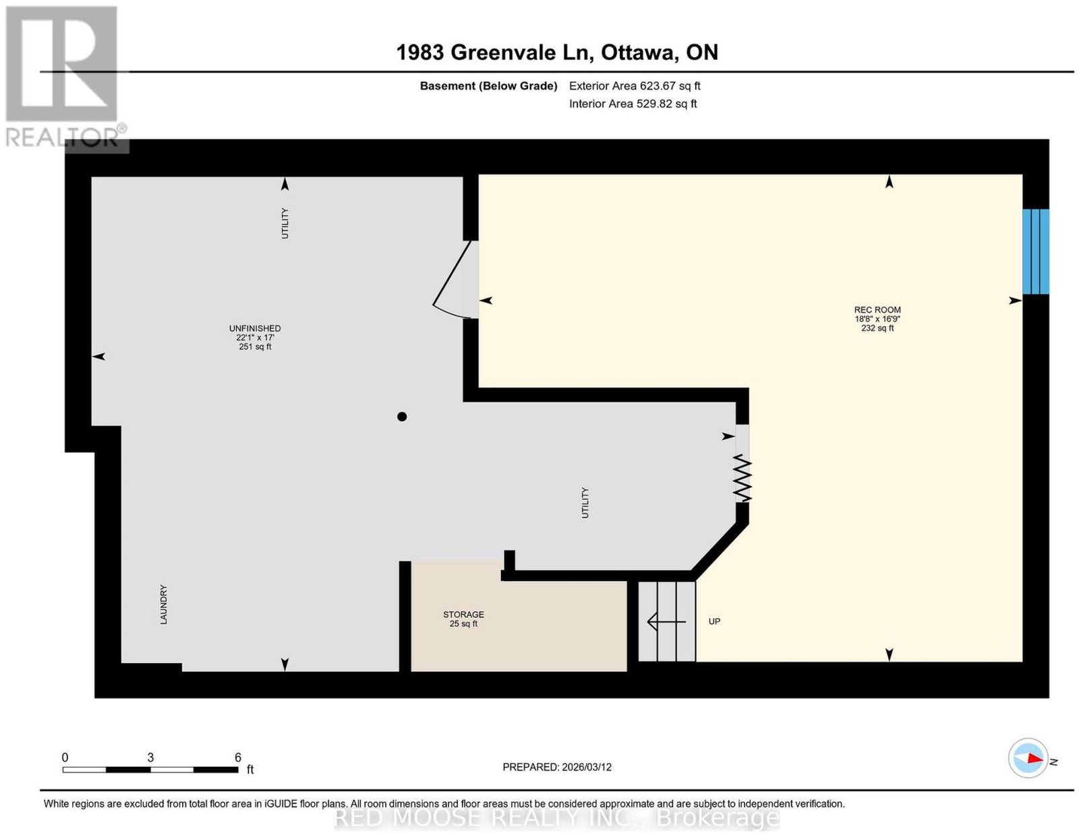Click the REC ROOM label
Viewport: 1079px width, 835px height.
(877, 309)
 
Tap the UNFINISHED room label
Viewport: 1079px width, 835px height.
(255, 328)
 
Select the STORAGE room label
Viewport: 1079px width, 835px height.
(463, 614)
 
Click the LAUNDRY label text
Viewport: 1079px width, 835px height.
(163, 605)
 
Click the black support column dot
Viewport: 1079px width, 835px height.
(402, 416)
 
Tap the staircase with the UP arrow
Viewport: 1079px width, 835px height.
(666, 621)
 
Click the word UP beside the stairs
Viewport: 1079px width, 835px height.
(714, 621)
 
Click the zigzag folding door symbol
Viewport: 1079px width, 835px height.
(743, 478)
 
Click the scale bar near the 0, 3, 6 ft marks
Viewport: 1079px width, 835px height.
(150, 770)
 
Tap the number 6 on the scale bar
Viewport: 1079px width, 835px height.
(238, 757)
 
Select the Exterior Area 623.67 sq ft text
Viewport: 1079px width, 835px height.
(634, 86)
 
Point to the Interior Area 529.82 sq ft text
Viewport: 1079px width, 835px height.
(633, 104)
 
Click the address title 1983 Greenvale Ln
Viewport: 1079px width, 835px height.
(495, 52)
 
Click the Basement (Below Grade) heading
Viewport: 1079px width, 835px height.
(488, 86)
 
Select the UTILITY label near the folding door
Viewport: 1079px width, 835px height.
(585, 503)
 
